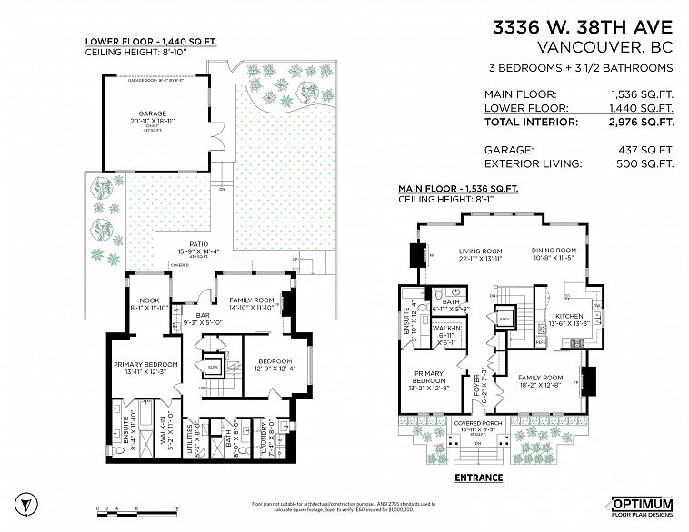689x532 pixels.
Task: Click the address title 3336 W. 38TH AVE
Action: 583,28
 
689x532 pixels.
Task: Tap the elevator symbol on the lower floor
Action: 214,367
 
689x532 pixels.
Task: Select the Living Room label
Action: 480,251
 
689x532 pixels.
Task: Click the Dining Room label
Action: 554,251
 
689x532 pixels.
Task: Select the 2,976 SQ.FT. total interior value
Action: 642,121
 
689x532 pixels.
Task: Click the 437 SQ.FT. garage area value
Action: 648,149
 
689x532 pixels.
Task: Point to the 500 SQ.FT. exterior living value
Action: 648,163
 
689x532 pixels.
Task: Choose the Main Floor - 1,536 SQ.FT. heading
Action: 457,189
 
